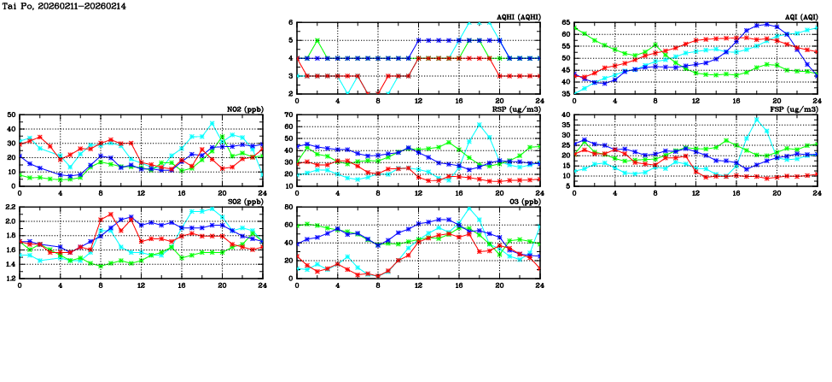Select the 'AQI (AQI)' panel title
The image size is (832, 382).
click(799, 17)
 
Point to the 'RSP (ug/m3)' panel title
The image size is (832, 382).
click(518, 109)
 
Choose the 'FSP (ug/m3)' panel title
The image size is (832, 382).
click(795, 109)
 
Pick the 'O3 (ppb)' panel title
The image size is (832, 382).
click(522, 202)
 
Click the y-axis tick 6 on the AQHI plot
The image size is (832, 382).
click(291, 22)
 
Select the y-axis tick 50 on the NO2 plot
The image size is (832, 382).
click(12, 115)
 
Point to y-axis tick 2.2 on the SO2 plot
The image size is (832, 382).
click(10, 207)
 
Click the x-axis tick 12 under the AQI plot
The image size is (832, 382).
click(695, 100)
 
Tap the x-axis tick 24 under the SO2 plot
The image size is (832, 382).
click(263, 285)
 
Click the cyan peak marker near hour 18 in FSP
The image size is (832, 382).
click(756, 119)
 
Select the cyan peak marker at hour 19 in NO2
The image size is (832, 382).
click(212, 123)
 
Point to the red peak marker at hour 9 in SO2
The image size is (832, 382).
click(111, 214)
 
